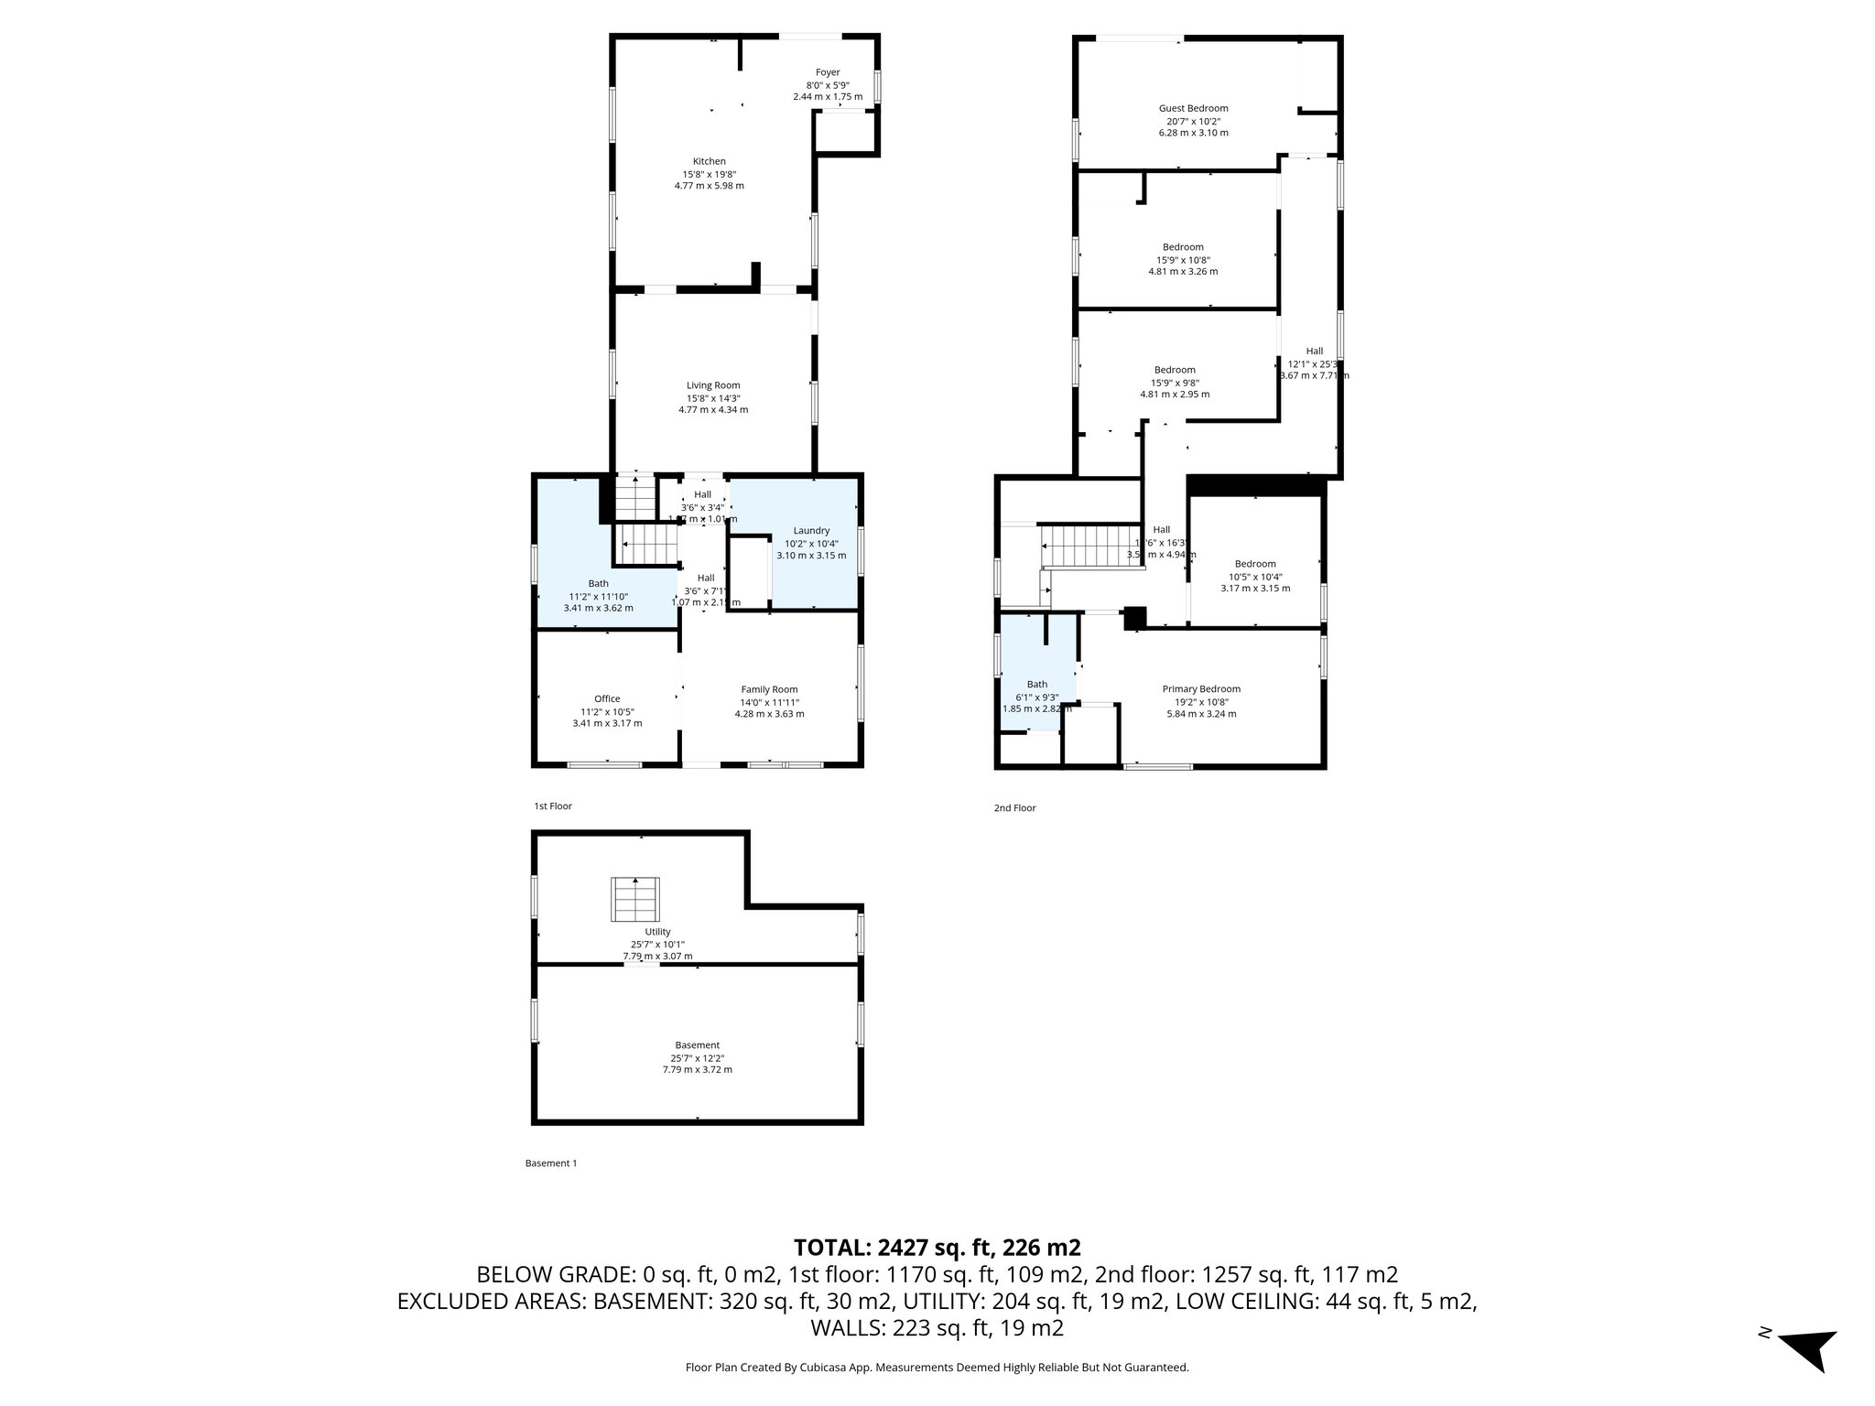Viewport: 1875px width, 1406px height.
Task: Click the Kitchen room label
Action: tap(709, 162)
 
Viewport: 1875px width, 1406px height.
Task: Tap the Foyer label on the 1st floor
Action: tap(828, 72)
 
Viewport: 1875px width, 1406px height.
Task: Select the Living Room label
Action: tap(713, 385)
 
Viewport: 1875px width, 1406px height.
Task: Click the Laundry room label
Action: tap(811, 531)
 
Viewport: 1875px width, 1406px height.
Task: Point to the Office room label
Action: tap(607, 699)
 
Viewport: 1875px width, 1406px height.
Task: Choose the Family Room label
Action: tap(769, 690)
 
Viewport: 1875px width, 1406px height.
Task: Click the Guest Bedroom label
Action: tap(1193, 108)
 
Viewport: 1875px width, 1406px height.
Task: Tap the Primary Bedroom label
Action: tap(1201, 689)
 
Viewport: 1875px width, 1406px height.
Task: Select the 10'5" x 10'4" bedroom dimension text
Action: tap(1255, 577)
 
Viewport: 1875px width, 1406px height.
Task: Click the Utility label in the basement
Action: tap(657, 932)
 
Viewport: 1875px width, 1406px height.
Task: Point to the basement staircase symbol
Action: tap(635, 899)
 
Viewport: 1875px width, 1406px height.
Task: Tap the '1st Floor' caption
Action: tap(553, 806)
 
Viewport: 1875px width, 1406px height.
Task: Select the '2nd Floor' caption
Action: tap(1014, 808)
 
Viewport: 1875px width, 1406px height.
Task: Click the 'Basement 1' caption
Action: tap(551, 1163)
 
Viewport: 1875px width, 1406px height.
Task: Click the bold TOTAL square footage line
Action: tap(937, 1248)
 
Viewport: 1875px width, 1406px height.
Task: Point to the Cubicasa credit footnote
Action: tap(937, 1368)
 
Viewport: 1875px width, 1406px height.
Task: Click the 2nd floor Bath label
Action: tap(1036, 684)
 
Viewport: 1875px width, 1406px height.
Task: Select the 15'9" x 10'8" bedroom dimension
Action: tap(1183, 259)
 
